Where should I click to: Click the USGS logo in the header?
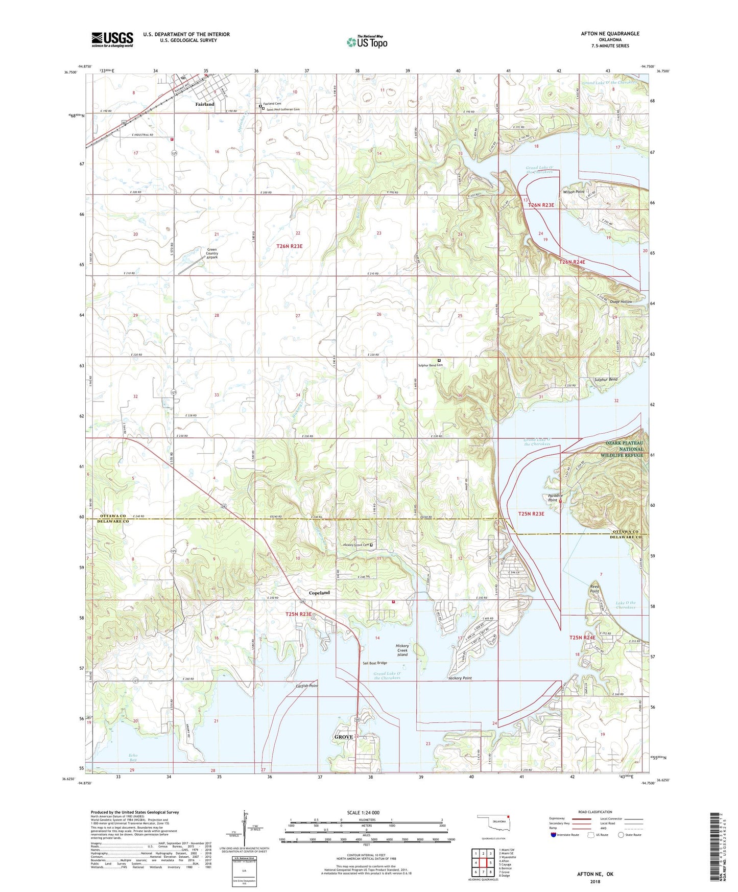pyautogui.click(x=112, y=39)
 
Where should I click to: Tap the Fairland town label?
pyautogui.click(x=205, y=104)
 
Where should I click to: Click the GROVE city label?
pyautogui.click(x=344, y=737)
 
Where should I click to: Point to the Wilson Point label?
pyautogui.click(x=574, y=192)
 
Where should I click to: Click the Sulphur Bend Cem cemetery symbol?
pyautogui.click(x=439, y=360)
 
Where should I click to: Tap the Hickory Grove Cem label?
pyautogui.click(x=355, y=545)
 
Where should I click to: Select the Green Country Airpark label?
pyautogui.click(x=212, y=253)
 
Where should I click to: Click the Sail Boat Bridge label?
pyautogui.click(x=374, y=663)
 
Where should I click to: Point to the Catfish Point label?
pyautogui.click(x=306, y=686)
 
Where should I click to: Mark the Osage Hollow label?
pyautogui.click(x=621, y=302)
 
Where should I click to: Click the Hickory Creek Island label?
pyautogui.click(x=402, y=650)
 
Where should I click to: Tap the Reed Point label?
pyautogui.click(x=594, y=589)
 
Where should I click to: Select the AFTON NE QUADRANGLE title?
pyautogui.click(x=610, y=34)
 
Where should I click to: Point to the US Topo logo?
pyautogui.click(x=366, y=42)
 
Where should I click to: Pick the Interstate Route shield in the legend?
pyautogui.click(x=554, y=835)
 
